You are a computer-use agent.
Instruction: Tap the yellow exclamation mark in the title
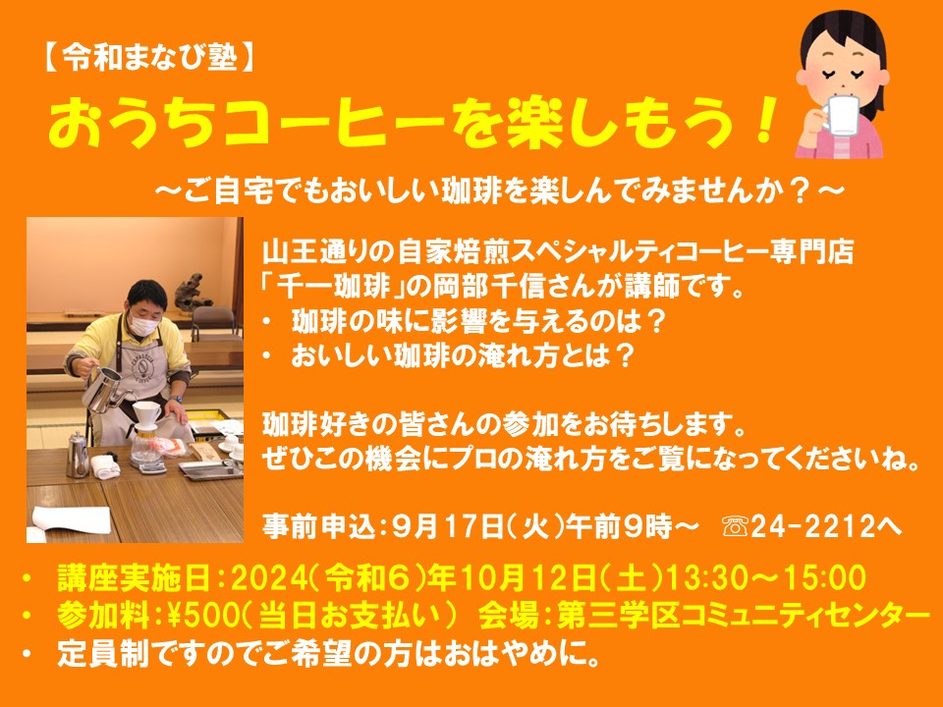tap(764, 123)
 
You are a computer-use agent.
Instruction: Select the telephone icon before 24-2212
tap(735, 527)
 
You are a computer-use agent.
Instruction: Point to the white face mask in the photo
tap(144, 325)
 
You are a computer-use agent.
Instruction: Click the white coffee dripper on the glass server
tap(146, 413)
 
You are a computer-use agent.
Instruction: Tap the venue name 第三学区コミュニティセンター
tap(744, 616)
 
